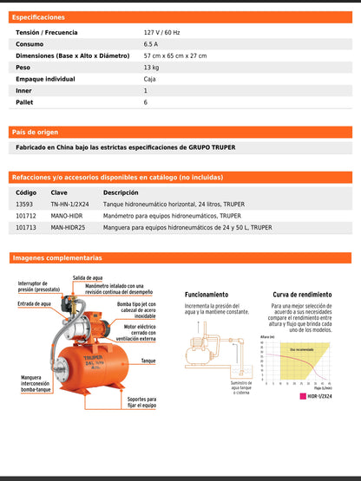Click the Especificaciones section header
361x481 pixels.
pos(38,16)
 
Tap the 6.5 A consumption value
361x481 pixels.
pos(151,43)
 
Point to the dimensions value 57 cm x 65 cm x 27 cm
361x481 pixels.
pos(175,55)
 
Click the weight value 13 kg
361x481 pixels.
pos(151,67)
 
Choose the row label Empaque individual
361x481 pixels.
pos(45,79)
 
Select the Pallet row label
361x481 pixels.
pos(24,102)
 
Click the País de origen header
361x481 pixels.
pos(36,132)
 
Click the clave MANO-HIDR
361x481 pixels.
pos(66,215)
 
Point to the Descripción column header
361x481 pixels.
pos(121,192)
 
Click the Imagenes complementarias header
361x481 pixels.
pos(56,257)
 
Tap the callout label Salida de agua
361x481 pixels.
pos(88,278)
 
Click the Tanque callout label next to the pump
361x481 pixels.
pos(148,361)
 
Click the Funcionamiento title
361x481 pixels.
pos(207,294)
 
